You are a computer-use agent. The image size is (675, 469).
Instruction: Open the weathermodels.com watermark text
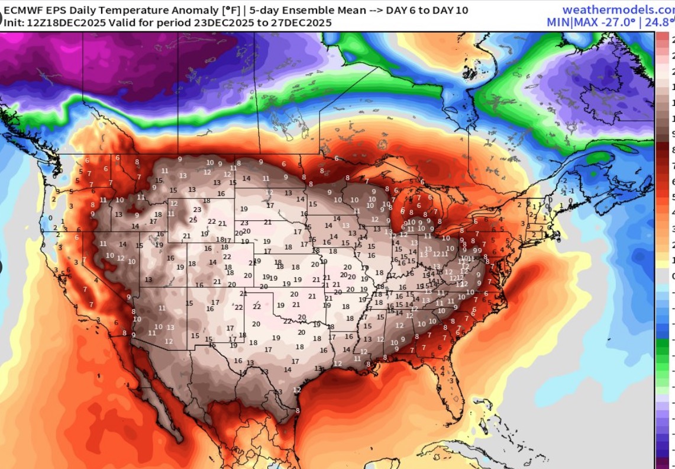point(618,9)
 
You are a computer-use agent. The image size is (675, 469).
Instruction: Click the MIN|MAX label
point(571,23)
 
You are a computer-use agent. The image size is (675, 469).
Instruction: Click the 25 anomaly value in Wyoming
point(193,220)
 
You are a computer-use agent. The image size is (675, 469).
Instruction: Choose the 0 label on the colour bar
point(673,276)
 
